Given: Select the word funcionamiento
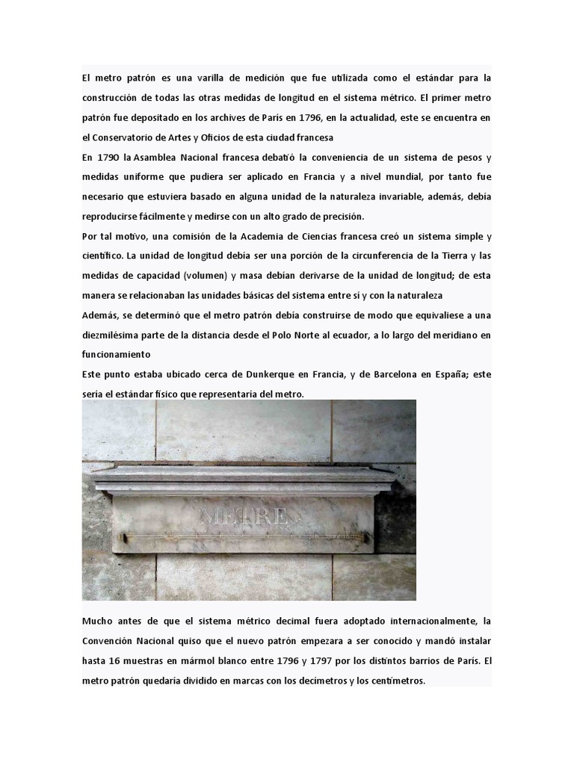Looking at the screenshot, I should pos(117,354).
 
